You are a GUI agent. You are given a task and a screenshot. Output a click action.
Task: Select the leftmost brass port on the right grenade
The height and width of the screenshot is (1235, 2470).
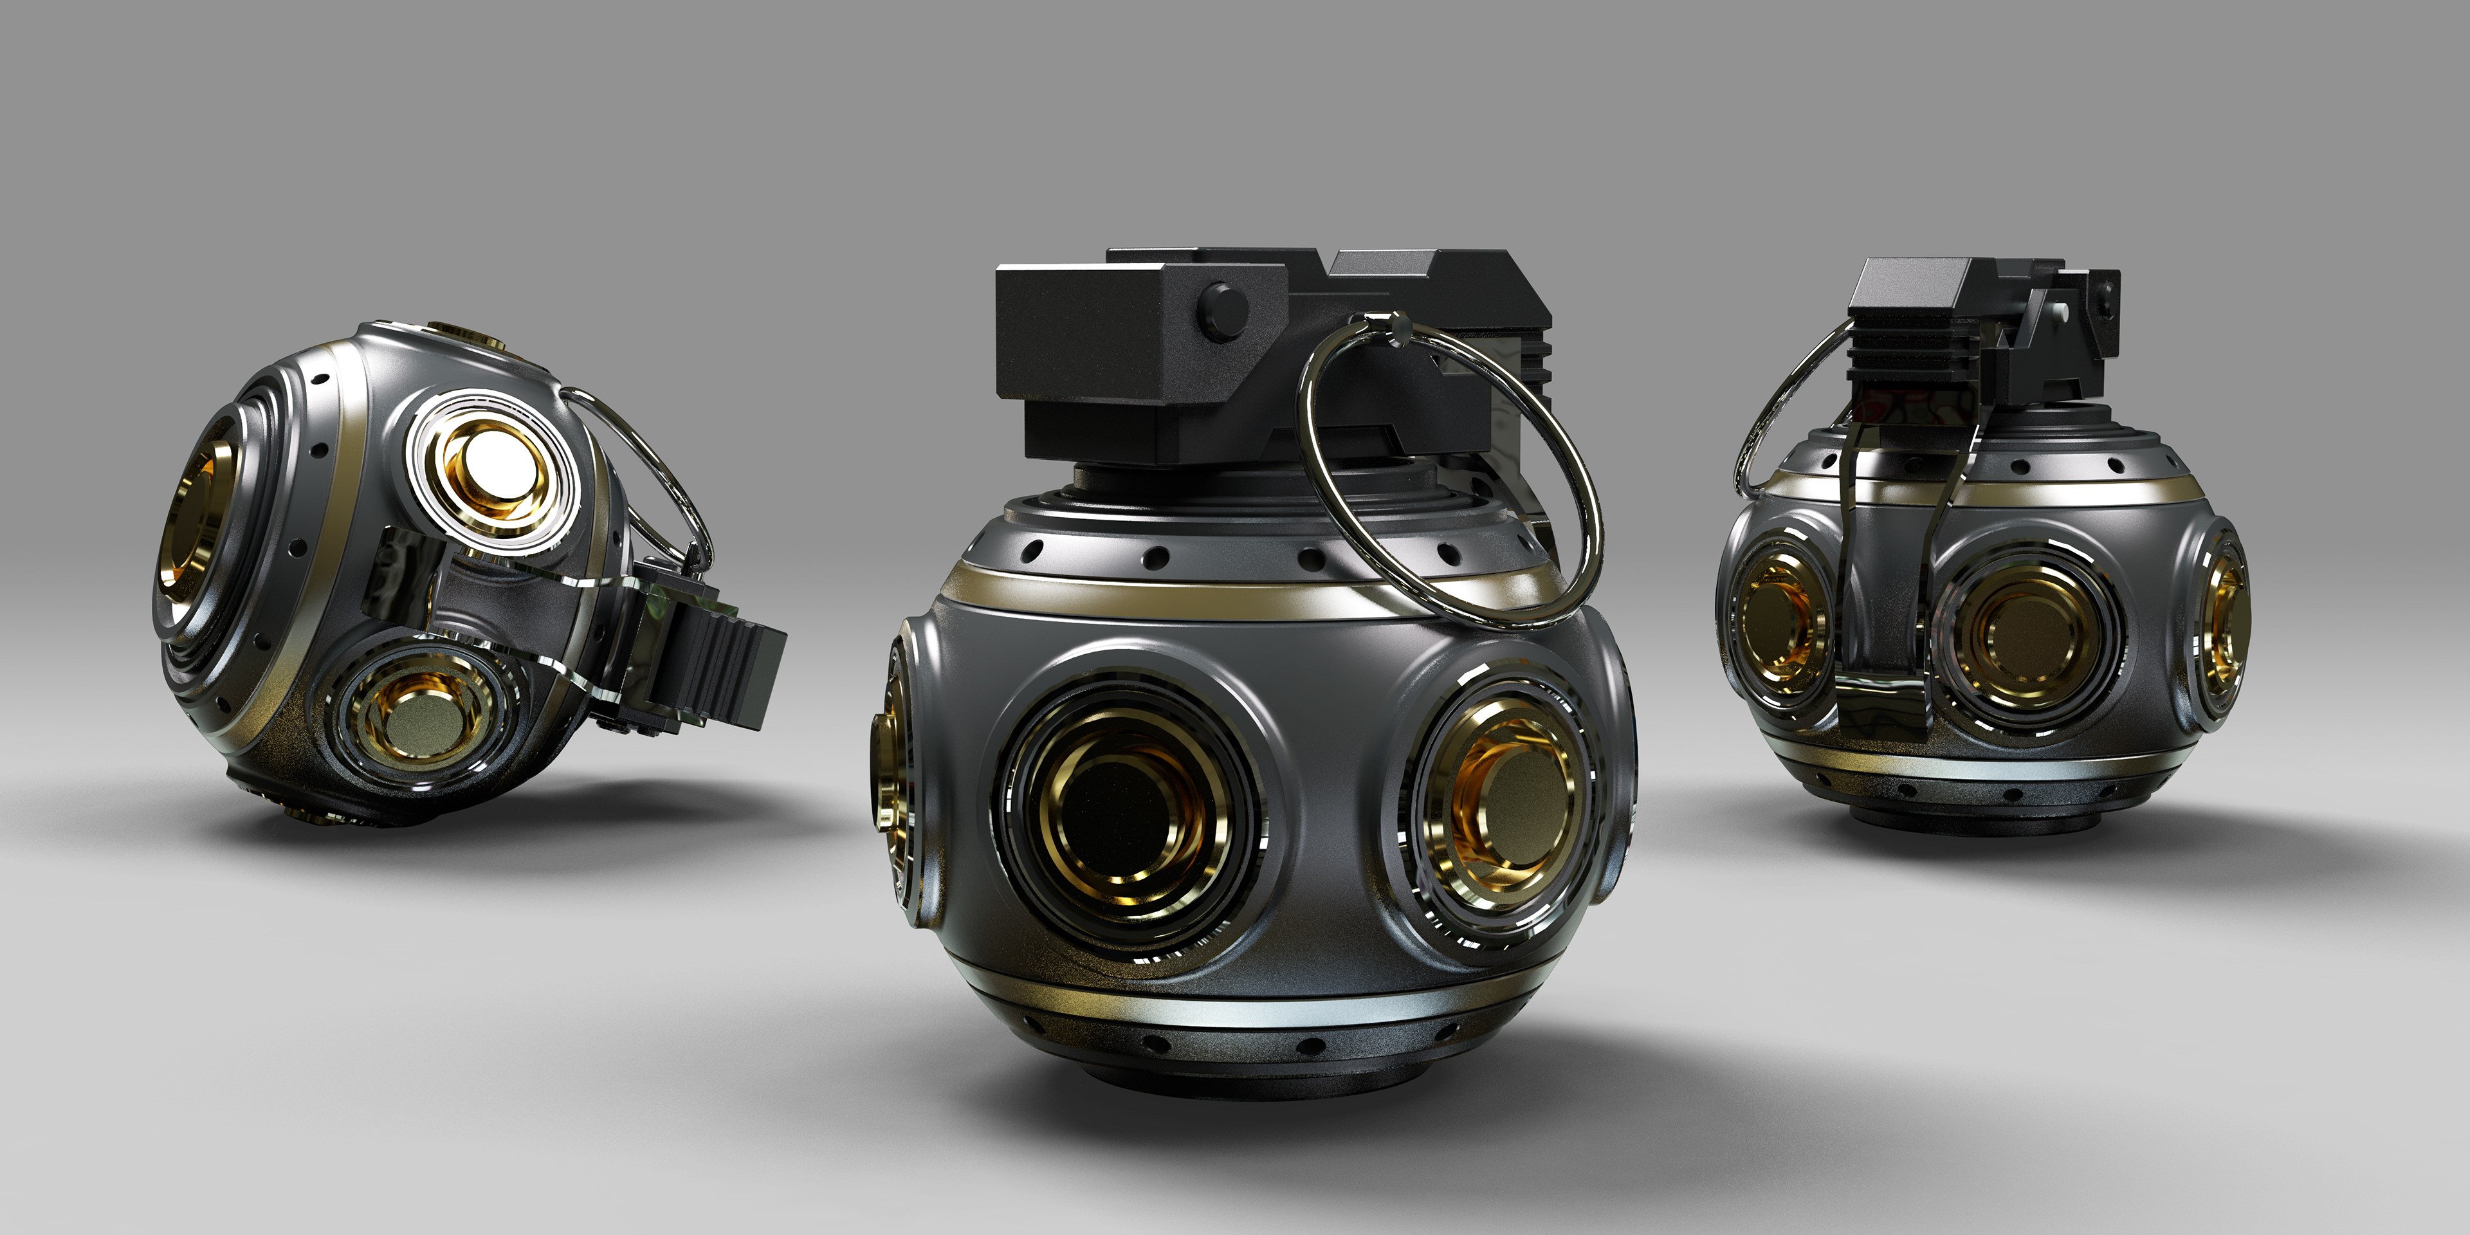click(x=1779, y=623)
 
